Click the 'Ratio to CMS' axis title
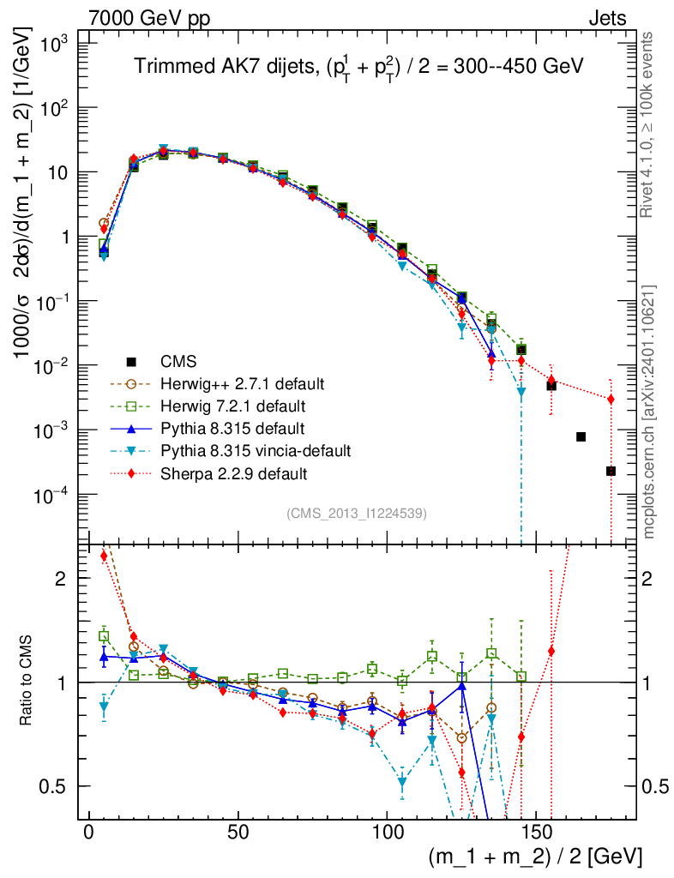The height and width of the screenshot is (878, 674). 27,681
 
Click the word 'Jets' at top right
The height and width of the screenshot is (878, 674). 606,17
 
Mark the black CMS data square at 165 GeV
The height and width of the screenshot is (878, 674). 581,437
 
